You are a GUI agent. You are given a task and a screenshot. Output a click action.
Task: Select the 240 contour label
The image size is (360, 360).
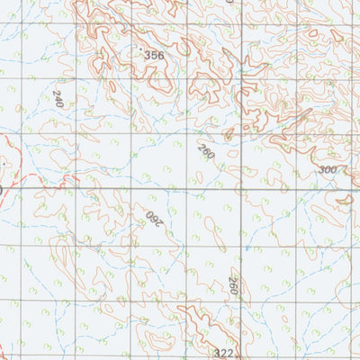(59, 99)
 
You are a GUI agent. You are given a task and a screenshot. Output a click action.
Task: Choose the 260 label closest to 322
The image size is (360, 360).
(233, 287)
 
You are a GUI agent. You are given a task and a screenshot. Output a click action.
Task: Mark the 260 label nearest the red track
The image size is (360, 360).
(153, 216)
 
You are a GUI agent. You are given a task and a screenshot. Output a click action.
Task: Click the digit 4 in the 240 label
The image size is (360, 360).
(59, 99)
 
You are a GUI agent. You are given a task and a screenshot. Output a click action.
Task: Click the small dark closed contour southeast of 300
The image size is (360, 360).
(342, 200)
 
